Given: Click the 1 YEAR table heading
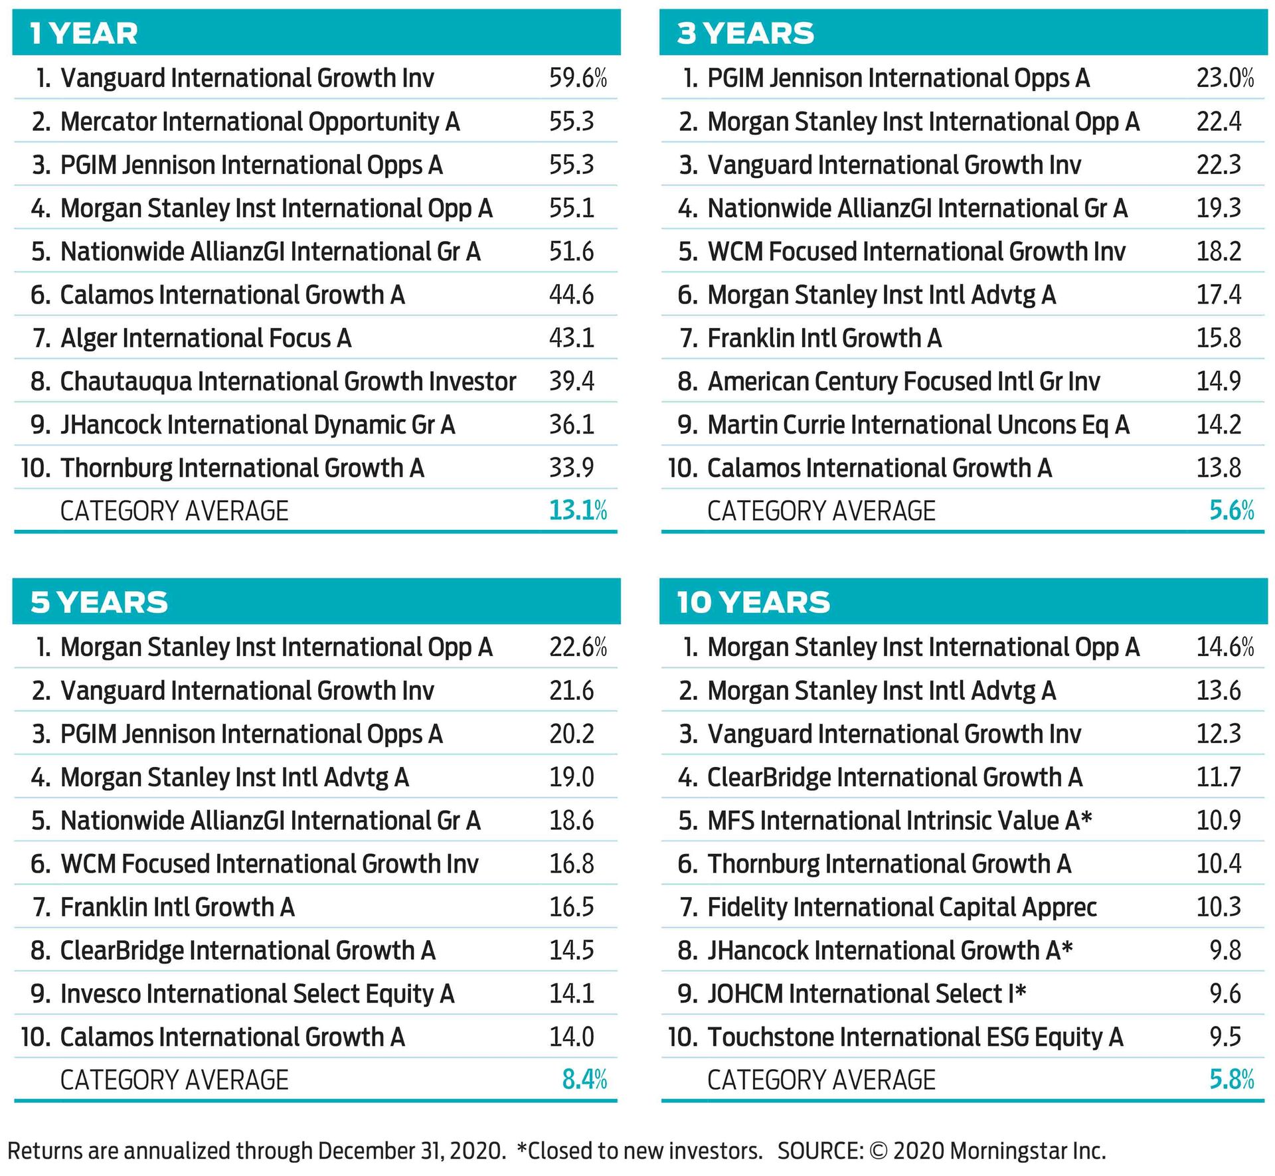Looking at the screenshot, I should [x=84, y=33].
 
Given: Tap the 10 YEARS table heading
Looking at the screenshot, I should [x=753, y=602].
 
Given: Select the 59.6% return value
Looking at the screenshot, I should [x=577, y=78].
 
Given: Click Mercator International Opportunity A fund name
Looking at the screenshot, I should [x=260, y=122].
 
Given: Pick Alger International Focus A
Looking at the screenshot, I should [x=205, y=338].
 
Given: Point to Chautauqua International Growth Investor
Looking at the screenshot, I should [x=288, y=381].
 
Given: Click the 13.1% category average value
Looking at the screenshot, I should [x=577, y=511].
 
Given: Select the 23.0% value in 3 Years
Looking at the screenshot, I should [x=1225, y=78].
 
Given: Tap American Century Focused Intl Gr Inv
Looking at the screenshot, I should [x=903, y=381].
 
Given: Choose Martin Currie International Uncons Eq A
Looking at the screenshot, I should [x=918, y=424].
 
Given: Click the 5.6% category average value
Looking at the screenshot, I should [x=1231, y=511].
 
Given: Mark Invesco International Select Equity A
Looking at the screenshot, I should [x=257, y=993].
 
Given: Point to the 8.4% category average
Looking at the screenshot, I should [x=584, y=1080].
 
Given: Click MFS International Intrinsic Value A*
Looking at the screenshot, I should [x=899, y=820].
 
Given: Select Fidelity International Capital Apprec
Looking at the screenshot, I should [x=902, y=907].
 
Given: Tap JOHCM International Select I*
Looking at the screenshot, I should [x=867, y=993].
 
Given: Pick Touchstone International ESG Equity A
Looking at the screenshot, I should [x=915, y=1037].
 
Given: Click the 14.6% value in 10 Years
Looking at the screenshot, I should [x=1225, y=647].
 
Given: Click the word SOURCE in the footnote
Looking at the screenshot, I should [x=819, y=1150].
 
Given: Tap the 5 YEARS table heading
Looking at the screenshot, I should [x=99, y=602].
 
